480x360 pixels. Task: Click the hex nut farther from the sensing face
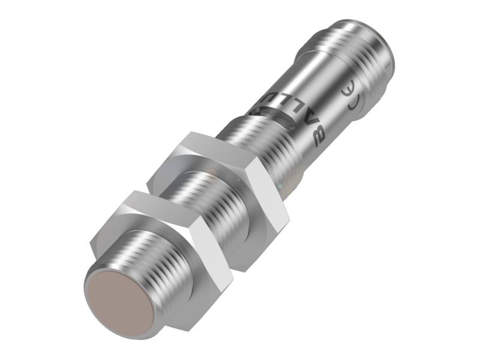[x=222, y=180]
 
